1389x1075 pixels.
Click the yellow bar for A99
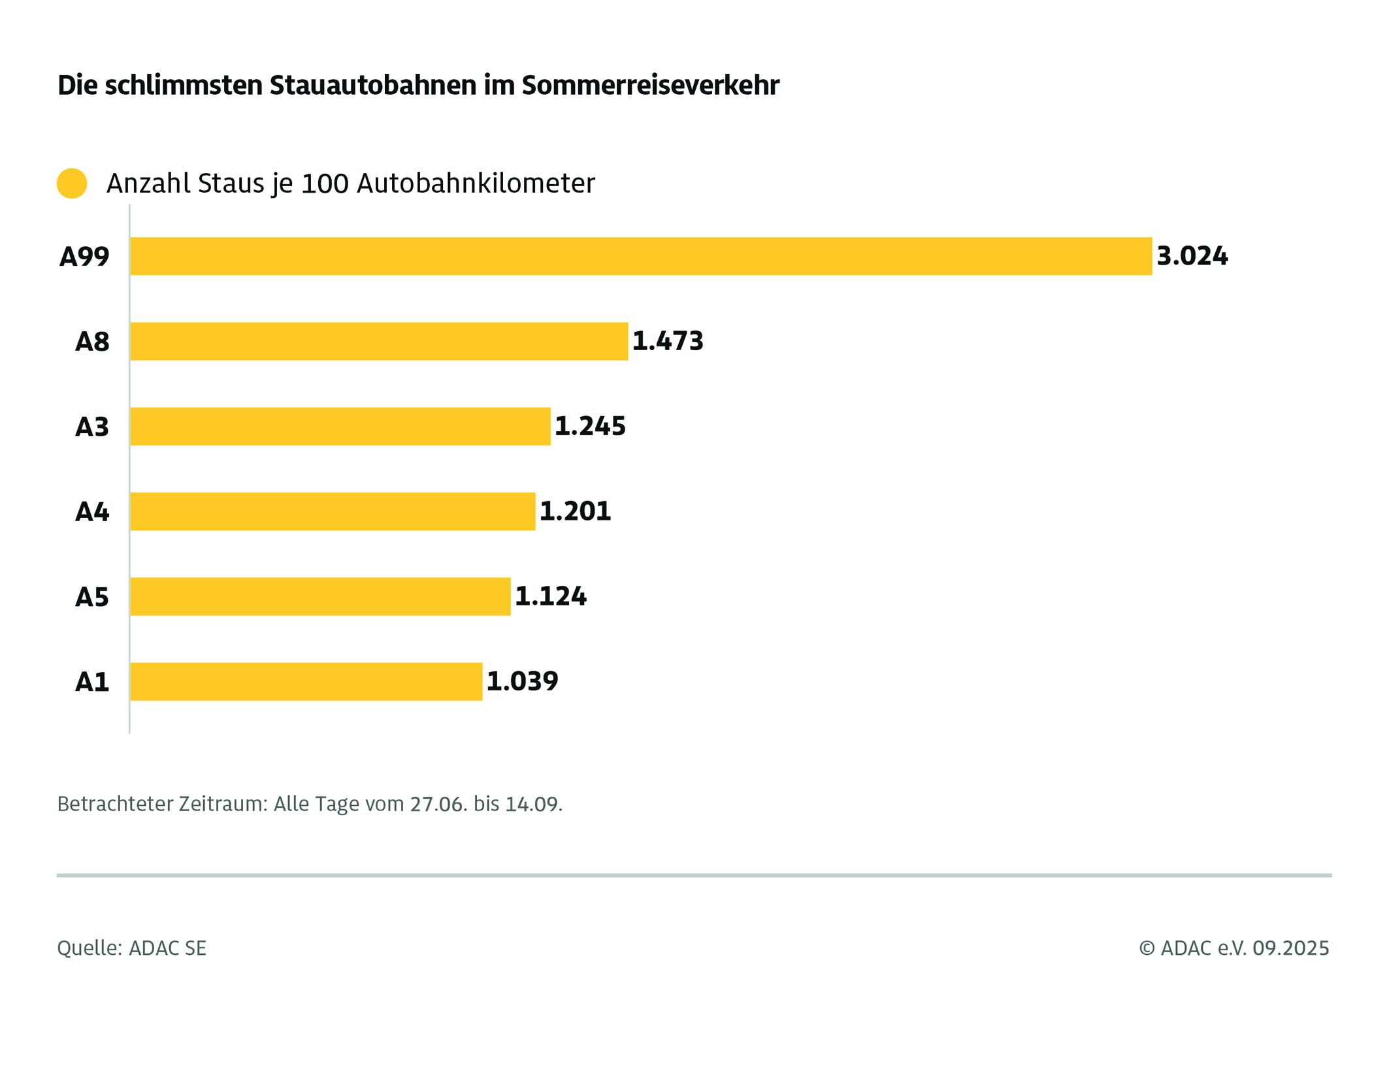[x=640, y=256]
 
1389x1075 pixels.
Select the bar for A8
[x=379, y=341]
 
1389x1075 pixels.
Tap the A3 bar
[x=340, y=426]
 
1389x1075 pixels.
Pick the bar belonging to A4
[x=333, y=511]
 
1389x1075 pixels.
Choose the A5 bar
[x=320, y=596]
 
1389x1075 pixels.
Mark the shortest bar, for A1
[x=306, y=681]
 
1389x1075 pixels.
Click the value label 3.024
[x=1192, y=256]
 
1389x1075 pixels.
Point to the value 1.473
[x=668, y=341]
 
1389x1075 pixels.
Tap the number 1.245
[x=590, y=426]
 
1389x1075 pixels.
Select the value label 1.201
[x=575, y=511]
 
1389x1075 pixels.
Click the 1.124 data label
[x=551, y=596]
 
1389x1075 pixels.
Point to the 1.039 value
[x=522, y=681]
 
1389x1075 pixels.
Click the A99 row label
[x=84, y=257]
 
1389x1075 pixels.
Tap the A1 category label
[x=92, y=682]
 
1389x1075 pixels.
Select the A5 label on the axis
[x=92, y=597]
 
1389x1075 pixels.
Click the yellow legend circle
[x=72, y=184]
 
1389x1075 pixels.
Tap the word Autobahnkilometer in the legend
[x=476, y=184]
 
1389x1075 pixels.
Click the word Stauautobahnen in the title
[x=373, y=86]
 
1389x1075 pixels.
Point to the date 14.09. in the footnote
[x=534, y=803]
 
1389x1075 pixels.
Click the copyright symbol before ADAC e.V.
[x=1147, y=948]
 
